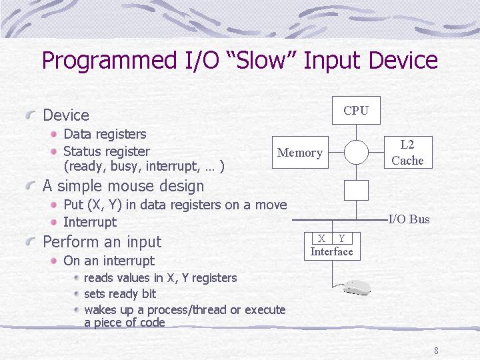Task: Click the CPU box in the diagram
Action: pos(356,110)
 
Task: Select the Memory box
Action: pos(300,152)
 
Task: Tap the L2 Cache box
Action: pos(408,152)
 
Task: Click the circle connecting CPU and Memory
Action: pos(356,141)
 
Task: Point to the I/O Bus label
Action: pos(409,219)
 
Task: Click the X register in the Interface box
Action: pos(322,238)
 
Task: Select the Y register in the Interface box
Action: pos(342,238)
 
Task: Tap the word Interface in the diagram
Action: pos(331,251)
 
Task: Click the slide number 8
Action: pos(436,351)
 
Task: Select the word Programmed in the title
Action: pos(109,61)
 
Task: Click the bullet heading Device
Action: pos(66,115)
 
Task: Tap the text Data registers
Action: pos(105,134)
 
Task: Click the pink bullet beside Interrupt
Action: pos(54,222)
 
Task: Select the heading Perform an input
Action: pos(102,242)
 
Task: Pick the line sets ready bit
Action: pos(120,294)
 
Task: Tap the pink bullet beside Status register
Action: pos(54,151)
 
